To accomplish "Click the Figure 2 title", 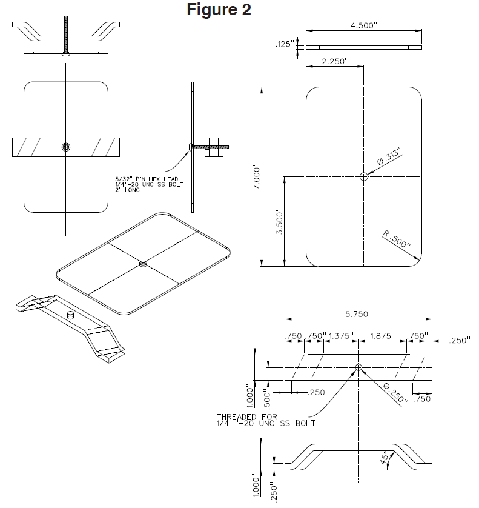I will [x=219, y=10].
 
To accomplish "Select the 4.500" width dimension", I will [x=364, y=26].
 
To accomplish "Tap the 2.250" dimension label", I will [x=335, y=62].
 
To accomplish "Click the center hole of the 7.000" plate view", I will [x=363, y=176].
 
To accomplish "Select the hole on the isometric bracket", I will [x=69, y=315].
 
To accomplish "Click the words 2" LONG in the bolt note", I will [x=128, y=189].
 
